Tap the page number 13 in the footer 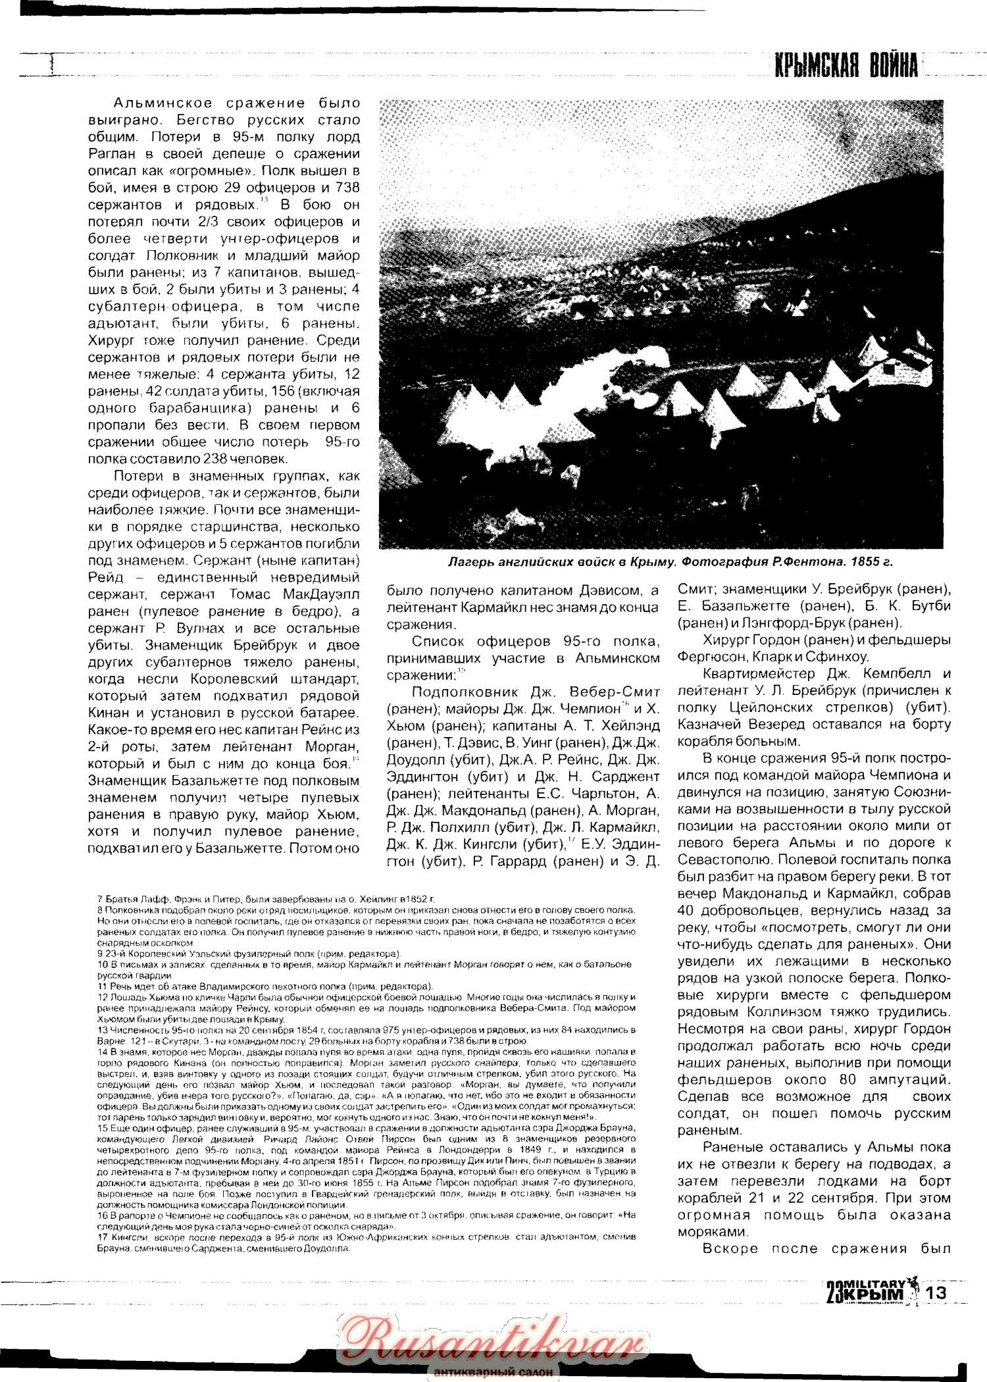coord(936,1292)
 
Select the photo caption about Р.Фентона coord(670,562)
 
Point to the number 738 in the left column coord(347,188)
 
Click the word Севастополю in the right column coord(724,859)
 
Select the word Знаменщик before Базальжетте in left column coord(125,781)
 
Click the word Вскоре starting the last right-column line coord(730,1248)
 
